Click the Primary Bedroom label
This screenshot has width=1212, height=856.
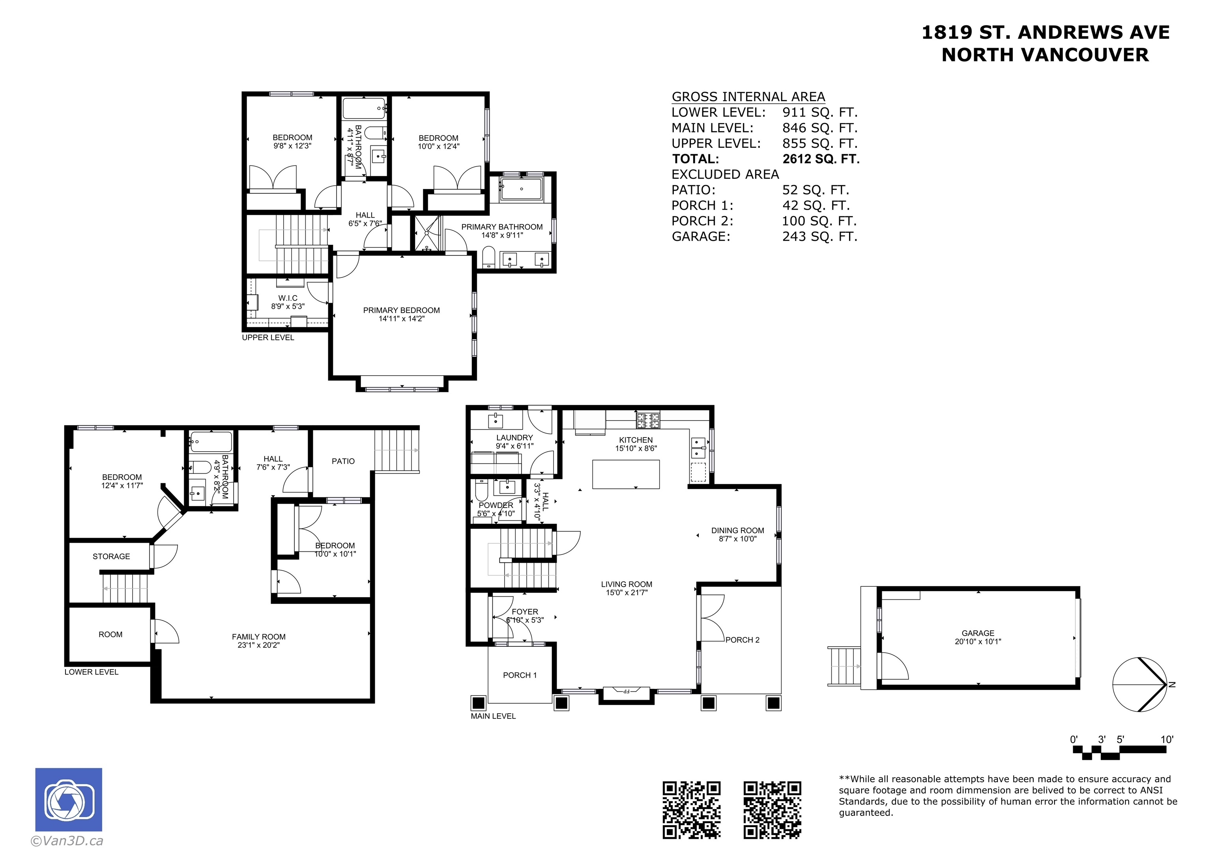[401, 310]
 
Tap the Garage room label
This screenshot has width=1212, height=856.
[978, 633]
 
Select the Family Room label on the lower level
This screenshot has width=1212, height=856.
[259, 636]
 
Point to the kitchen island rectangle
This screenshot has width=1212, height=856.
[626, 474]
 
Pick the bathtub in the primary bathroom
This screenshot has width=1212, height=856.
[522, 189]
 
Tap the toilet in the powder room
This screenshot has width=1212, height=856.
[481, 490]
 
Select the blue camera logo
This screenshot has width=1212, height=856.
[69, 800]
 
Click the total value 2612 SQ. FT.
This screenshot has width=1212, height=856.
[821, 159]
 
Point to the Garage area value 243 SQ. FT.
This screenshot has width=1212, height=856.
[820, 236]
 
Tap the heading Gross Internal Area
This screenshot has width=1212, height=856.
[748, 97]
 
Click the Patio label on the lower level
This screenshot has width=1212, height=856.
[343, 461]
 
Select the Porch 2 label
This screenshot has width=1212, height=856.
[742, 640]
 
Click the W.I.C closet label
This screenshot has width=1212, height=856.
[288, 298]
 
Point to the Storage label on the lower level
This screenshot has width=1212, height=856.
[111, 556]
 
